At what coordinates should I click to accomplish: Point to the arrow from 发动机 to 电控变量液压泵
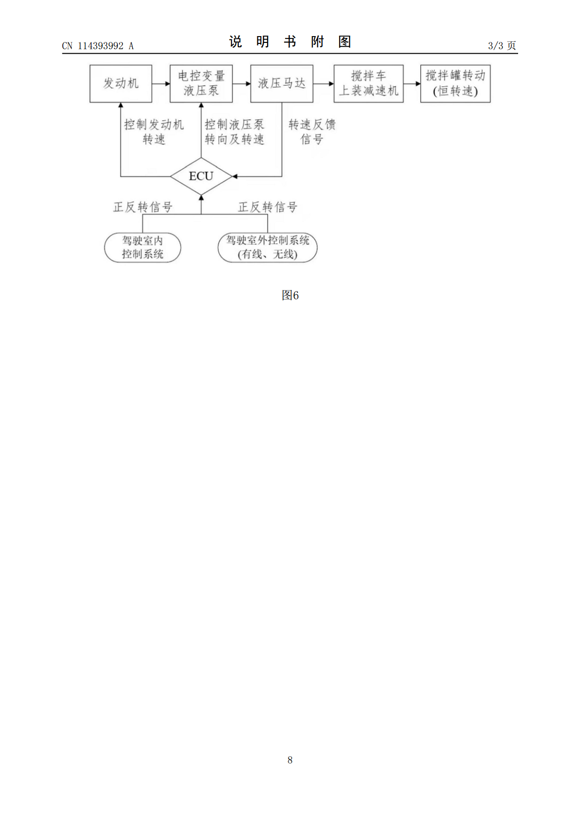pos(161,84)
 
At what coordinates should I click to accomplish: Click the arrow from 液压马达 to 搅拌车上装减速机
pos(324,84)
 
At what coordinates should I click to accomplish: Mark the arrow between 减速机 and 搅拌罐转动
pos(412,84)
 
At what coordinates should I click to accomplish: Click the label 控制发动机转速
pos(154,132)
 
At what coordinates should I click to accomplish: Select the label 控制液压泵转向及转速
pos(234,132)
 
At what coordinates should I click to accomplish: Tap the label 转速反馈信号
pos(312,132)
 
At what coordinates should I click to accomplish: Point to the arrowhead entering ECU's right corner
pos(235,176)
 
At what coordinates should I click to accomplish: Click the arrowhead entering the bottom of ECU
pos(201,198)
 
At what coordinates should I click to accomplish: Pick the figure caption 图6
pos(290,295)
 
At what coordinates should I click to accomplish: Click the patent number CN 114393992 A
pos(98,46)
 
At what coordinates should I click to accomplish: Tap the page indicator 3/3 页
pos(502,45)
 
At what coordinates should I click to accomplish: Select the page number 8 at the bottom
pos(290,760)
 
